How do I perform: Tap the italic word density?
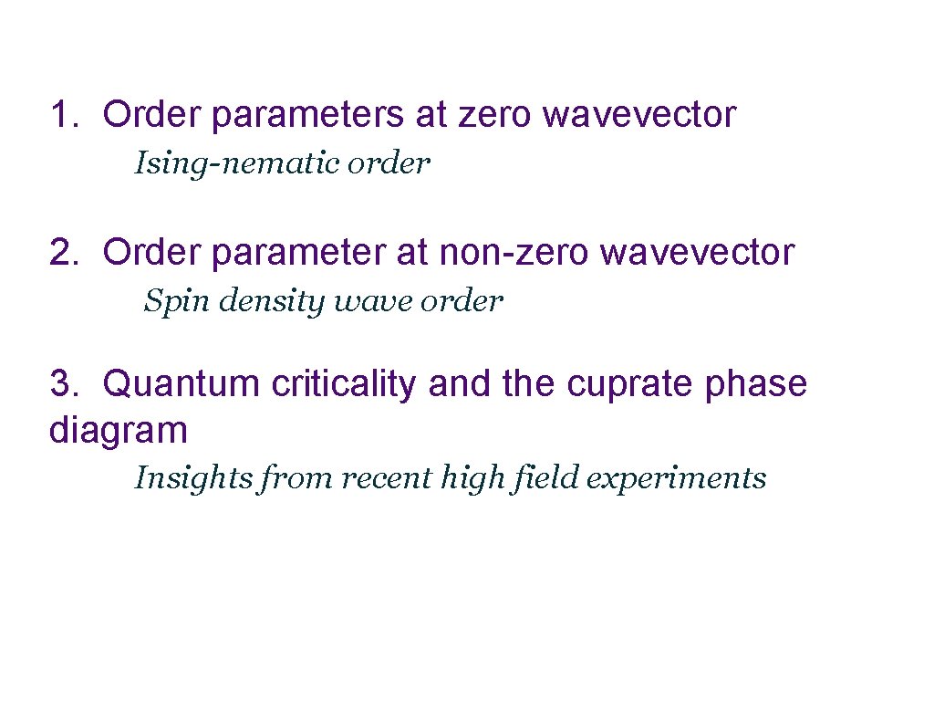click(x=264, y=301)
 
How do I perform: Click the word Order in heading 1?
click(x=151, y=115)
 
